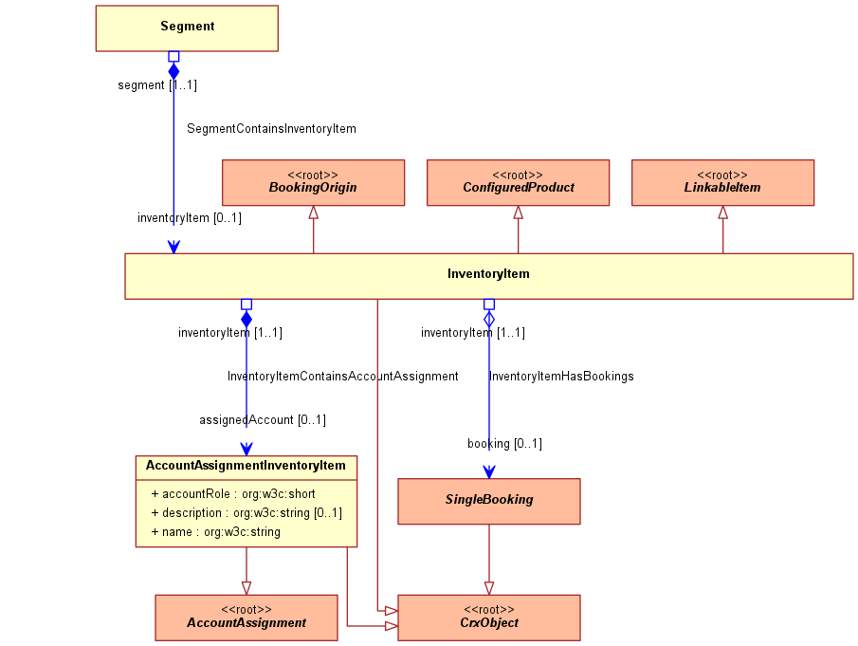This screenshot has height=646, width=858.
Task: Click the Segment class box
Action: tap(187, 28)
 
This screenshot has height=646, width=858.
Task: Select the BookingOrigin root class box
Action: tap(314, 183)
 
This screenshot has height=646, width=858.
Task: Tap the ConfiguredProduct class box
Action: tap(519, 183)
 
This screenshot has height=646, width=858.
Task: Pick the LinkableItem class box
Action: tap(722, 183)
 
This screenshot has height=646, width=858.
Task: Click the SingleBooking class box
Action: tap(489, 502)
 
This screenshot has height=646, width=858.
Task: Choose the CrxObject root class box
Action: tap(489, 618)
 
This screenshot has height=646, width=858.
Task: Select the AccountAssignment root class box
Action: tap(246, 618)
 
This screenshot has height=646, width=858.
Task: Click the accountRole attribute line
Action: tap(233, 494)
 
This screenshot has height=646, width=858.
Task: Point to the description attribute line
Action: tap(246, 513)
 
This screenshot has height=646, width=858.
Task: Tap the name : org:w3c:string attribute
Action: tap(215, 532)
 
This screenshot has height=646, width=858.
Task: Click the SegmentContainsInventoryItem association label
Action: tap(271, 129)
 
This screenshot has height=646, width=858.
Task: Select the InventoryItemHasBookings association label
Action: tap(561, 376)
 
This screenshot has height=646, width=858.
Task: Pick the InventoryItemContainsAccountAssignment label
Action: tap(343, 376)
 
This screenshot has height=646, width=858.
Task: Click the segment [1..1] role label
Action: tap(157, 84)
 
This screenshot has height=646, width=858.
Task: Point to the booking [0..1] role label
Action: tap(504, 443)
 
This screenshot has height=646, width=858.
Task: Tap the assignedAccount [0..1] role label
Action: tap(263, 420)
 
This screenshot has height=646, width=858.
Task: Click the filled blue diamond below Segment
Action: tap(173, 71)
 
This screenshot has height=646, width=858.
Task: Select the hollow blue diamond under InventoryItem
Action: tap(489, 319)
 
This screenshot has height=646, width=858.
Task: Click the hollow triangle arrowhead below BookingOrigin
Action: tap(314, 212)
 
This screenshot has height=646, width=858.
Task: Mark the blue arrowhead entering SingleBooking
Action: tap(489, 471)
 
